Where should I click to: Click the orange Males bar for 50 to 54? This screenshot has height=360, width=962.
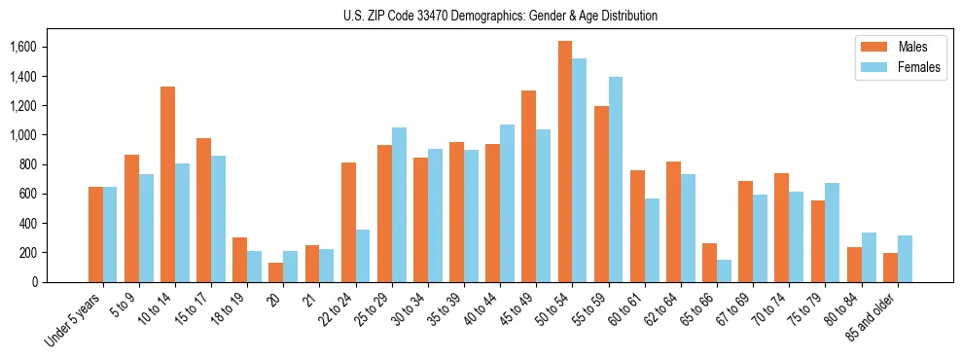pos(565,162)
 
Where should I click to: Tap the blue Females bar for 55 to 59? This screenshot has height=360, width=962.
pos(616,179)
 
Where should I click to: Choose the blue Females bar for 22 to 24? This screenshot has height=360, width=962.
pos(363,256)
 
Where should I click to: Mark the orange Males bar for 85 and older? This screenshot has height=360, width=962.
pos(890,268)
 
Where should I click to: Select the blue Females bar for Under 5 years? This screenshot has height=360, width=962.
pos(110,234)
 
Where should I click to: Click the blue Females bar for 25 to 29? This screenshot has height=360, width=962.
pos(399,204)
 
